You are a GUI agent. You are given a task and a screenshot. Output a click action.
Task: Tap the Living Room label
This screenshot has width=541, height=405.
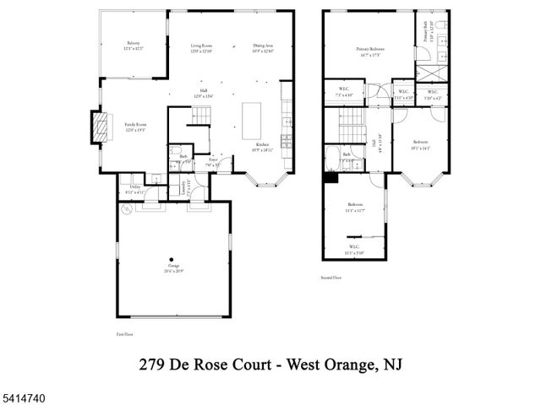pos(200,46)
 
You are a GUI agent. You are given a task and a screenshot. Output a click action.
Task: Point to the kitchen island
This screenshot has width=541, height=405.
pos(252,120)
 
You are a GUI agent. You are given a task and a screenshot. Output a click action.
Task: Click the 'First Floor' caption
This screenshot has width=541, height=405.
pos(126,335)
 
